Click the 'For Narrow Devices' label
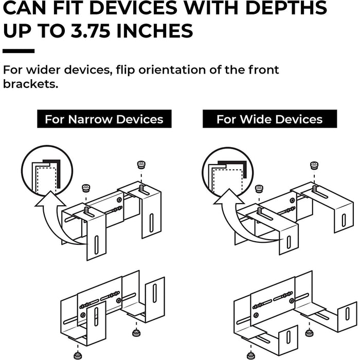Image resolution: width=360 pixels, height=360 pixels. pos(104,119)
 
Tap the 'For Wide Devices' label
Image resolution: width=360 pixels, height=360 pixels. pos(269,119)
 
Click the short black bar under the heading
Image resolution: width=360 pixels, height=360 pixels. pos(19,51)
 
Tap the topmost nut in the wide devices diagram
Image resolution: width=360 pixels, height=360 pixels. pos(314,166)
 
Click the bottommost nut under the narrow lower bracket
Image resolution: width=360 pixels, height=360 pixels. pos(78,355)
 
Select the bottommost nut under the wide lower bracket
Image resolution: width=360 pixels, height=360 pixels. pos(250,355)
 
